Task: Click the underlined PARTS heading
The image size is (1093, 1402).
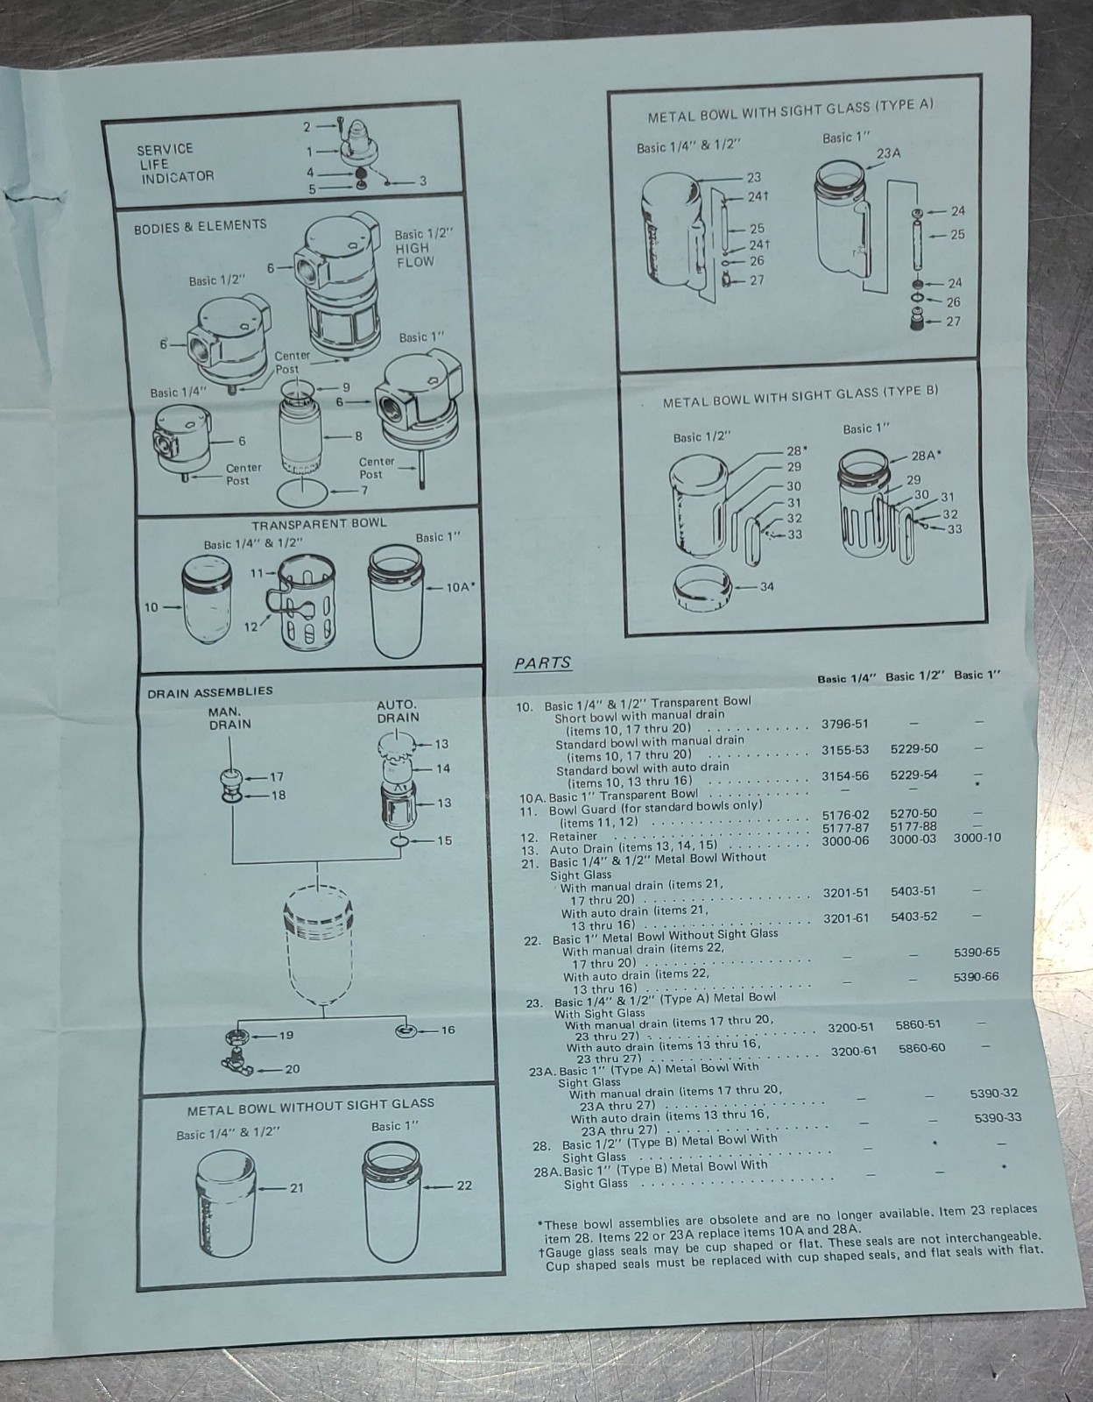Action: tap(543, 662)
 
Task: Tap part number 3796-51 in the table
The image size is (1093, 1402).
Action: tap(845, 724)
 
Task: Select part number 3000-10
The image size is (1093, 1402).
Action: tap(977, 838)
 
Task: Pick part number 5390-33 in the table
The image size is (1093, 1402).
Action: tap(998, 1117)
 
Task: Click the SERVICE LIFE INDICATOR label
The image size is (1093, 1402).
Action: tap(175, 163)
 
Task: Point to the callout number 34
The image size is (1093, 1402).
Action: tap(766, 586)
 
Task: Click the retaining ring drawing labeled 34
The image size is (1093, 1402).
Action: tap(703, 589)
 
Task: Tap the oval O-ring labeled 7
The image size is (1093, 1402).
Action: tap(302, 493)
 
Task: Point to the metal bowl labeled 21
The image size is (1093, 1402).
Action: tap(226, 1205)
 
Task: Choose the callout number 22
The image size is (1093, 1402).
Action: tap(464, 1186)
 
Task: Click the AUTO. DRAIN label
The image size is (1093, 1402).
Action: tap(398, 711)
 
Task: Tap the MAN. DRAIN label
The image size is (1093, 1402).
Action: tap(229, 719)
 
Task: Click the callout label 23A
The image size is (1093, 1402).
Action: tap(888, 153)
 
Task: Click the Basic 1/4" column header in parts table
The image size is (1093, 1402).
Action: tap(847, 679)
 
